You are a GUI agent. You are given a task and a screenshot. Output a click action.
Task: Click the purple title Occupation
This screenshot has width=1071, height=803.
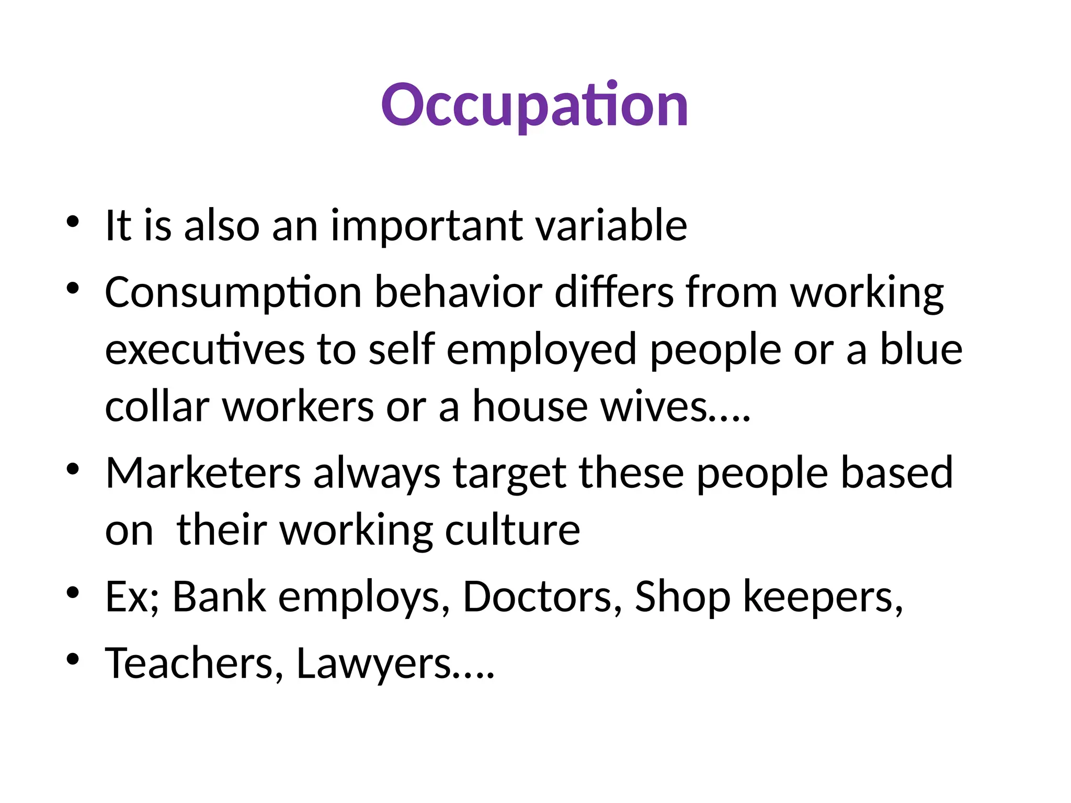pos(534,106)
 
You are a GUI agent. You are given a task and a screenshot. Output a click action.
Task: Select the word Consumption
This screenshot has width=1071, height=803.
pos(233,293)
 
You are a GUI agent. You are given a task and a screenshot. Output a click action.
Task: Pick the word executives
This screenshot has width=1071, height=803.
pos(204,349)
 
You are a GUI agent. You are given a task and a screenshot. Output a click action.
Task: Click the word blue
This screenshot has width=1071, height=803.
pos(921,349)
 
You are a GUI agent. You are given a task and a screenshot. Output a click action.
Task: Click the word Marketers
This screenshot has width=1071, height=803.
pos(203,473)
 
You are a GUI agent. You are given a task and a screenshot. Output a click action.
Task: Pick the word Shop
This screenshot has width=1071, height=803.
pos(682,597)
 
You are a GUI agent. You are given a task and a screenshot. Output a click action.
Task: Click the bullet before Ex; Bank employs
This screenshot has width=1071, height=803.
pos(73,592)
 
